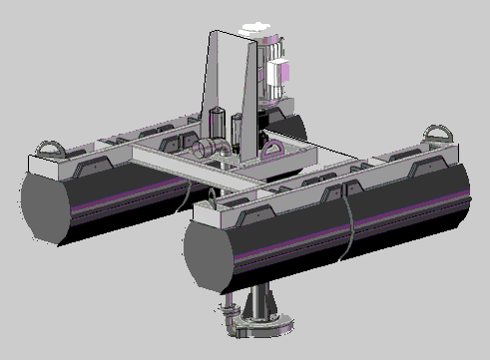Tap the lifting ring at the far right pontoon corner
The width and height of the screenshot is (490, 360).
(x=436, y=134)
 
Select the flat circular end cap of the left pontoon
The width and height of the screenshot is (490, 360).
(x=43, y=205)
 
